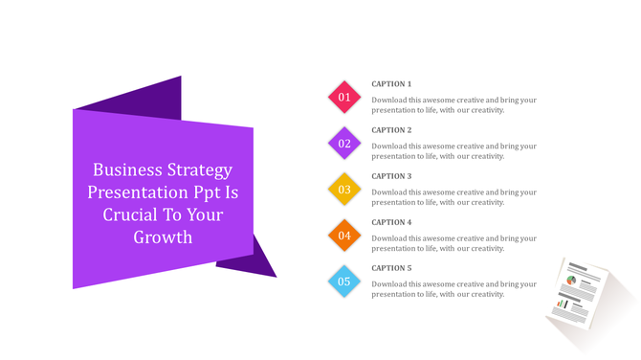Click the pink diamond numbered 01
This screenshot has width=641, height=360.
click(344, 97)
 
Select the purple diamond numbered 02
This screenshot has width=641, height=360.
click(344, 144)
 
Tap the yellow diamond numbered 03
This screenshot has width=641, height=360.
click(344, 190)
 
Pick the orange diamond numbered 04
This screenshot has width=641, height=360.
click(344, 236)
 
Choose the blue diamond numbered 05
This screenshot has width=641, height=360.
click(344, 281)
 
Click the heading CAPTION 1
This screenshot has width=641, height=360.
click(391, 84)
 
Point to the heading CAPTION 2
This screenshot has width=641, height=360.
click(391, 130)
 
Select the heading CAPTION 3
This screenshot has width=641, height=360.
click(391, 176)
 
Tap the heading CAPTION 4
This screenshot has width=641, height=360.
click(391, 222)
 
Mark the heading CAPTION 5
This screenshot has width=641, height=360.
click(391, 268)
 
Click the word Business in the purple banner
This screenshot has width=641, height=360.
click(127, 170)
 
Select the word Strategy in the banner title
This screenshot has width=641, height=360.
click(200, 171)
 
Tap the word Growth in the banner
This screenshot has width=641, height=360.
click(163, 236)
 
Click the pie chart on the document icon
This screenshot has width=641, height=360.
click(571, 281)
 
